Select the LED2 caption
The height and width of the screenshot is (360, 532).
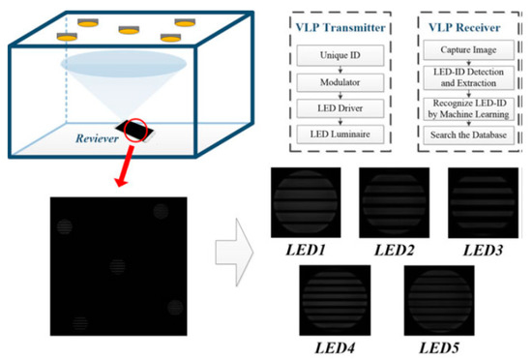tap(394, 250)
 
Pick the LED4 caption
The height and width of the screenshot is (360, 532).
tap(334, 345)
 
